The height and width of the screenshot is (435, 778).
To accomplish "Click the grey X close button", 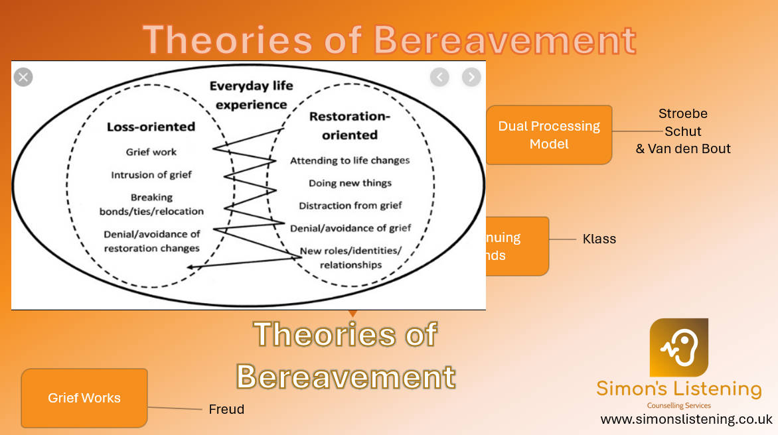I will (23, 78).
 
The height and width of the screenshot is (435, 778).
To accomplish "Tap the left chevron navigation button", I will (439, 77).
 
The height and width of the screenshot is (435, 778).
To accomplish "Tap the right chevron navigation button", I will (471, 77).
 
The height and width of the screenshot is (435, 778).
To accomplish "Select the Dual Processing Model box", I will (549, 135).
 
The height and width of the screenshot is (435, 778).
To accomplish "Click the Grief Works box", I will (84, 398).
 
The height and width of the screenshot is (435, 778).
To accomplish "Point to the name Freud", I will (226, 410).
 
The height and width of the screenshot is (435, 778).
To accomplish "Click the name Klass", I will (599, 239).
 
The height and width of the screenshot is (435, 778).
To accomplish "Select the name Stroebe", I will (682, 113).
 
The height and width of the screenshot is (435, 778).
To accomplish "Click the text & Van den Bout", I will (682, 149).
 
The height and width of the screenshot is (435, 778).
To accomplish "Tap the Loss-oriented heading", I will (151, 127).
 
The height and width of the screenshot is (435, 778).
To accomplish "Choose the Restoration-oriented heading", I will (350, 125).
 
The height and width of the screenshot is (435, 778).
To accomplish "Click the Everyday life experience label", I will (251, 95).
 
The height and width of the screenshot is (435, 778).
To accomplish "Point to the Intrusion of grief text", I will (151, 175).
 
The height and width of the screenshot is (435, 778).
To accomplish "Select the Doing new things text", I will (350, 183).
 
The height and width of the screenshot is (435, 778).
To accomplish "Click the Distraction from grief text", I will (350, 206).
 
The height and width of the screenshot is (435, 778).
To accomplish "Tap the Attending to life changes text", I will (350, 160).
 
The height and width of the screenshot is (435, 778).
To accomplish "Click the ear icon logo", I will (678, 347).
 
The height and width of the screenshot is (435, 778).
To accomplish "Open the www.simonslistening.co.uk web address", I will (686, 420).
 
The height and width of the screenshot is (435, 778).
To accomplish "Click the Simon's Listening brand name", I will (678, 389).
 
